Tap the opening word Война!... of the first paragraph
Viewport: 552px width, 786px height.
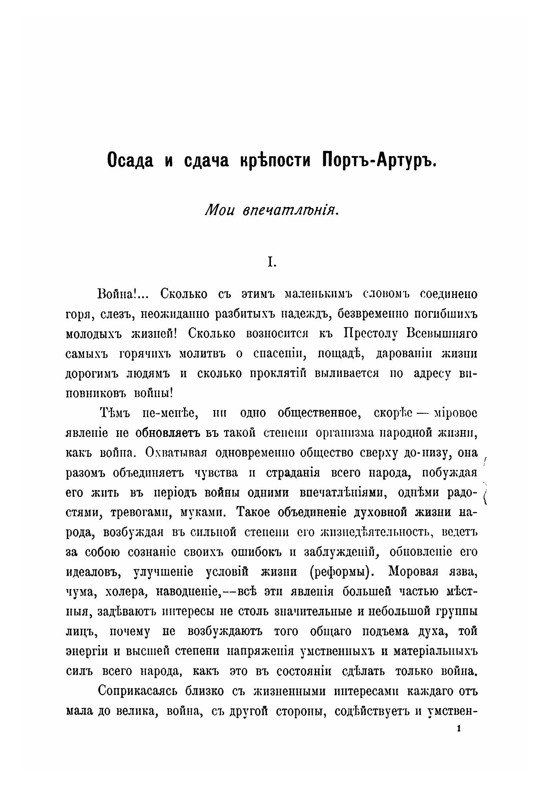[123, 294]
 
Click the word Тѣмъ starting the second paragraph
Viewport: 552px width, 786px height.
[113, 413]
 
